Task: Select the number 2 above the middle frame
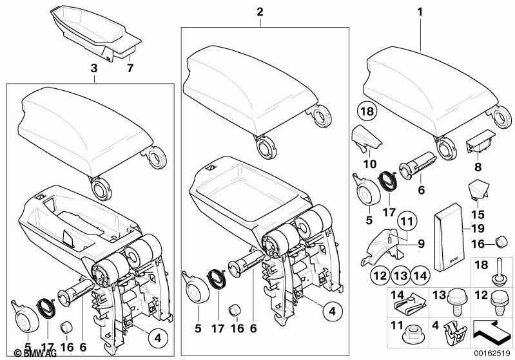[x=260, y=12]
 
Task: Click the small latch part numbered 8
[x=479, y=142]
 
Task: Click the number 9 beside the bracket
[x=421, y=243]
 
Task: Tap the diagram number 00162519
[x=491, y=354]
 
